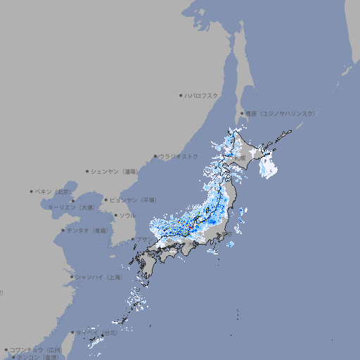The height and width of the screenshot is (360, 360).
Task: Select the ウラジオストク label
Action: (x=179, y=156)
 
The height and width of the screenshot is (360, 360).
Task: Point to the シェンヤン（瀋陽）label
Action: (x=115, y=171)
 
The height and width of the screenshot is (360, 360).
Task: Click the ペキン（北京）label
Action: (x=53, y=191)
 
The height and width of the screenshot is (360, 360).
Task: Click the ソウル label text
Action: (x=127, y=215)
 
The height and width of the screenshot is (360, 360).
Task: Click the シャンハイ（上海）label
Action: (x=99, y=277)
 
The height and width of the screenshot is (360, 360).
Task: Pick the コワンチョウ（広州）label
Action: (x=36, y=349)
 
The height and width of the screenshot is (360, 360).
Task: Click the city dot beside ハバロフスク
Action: (x=181, y=94)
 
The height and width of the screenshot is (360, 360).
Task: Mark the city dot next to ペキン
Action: (x=32, y=191)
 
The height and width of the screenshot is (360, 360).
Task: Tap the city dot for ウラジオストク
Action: (x=155, y=156)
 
